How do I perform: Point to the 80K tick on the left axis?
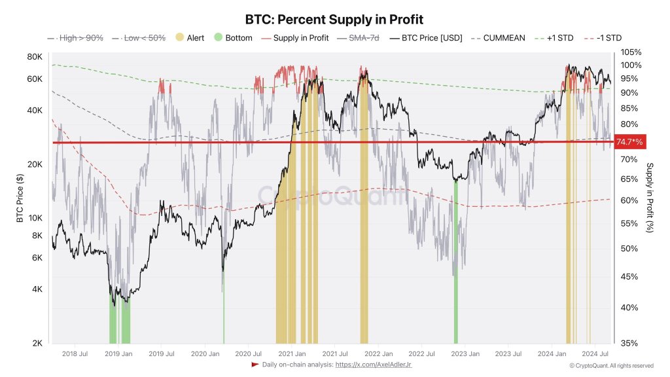34,56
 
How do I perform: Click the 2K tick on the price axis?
37,343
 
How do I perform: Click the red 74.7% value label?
630,142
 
